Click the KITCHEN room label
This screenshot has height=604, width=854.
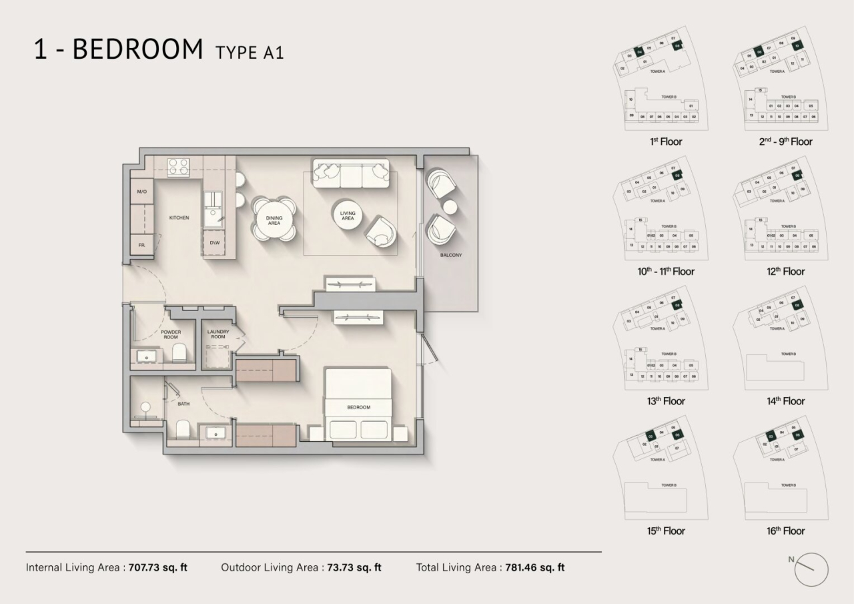(179, 218)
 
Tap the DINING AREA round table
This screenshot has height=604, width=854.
(274, 220)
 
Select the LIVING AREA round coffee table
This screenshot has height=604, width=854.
(348, 216)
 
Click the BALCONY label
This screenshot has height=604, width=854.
(450, 255)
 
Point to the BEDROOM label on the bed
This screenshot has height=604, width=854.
(358, 407)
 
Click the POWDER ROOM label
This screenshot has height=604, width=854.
(171, 334)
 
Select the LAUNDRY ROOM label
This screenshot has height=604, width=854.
(218, 334)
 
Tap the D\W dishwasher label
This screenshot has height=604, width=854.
(215, 243)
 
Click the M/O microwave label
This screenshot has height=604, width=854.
(141, 192)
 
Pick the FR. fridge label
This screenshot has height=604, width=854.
(141, 245)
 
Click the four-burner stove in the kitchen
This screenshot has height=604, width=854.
(177, 166)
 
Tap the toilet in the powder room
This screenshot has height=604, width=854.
(179, 352)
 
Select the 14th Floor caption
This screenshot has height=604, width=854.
(785, 401)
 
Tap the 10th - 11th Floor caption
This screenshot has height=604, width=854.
(665, 272)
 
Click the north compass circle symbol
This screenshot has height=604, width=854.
(811, 571)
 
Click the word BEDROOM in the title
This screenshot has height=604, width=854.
(137, 50)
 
